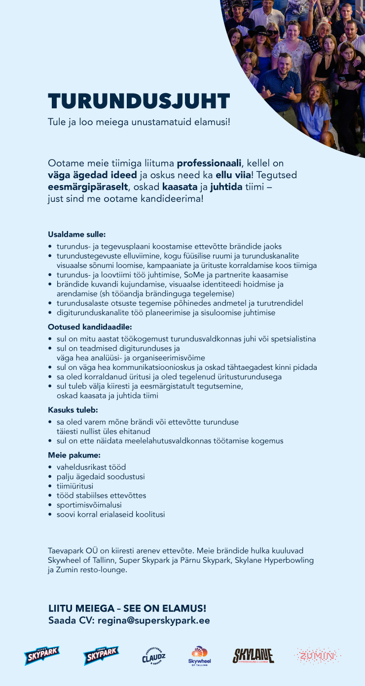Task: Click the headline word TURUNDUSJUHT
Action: click(x=139, y=101)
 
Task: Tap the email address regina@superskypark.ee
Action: click(x=154, y=621)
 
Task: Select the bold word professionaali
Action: click(x=209, y=163)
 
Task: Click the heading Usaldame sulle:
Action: click(x=76, y=234)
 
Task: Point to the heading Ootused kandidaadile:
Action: click(x=90, y=327)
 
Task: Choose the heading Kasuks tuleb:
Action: click(x=73, y=410)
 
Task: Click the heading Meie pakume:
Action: click(x=74, y=455)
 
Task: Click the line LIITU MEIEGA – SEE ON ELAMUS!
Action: click(x=127, y=609)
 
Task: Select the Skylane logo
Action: click(x=253, y=656)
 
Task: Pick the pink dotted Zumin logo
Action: click(x=318, y=656)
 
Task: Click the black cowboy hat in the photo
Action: click(x=260, y=31)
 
